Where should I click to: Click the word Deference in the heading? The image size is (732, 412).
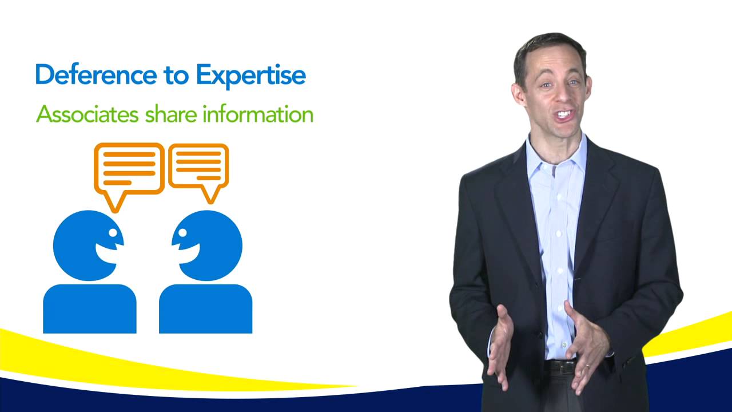tap(96, 75)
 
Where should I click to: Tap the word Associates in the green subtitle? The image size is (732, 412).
tap(87, 114)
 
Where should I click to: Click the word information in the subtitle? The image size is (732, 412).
tap(258, 114)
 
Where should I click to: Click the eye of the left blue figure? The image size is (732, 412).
tap(113, 232)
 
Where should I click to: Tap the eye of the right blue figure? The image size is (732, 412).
tap(182, 232)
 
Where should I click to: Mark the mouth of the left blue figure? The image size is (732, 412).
tap(106, 253)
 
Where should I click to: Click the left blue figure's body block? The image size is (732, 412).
tap(90, 308)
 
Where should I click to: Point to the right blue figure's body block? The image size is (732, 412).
tap(205, 308)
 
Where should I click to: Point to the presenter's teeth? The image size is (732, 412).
tap(564, 114)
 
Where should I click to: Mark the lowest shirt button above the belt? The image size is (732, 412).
tap(564, 344)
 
